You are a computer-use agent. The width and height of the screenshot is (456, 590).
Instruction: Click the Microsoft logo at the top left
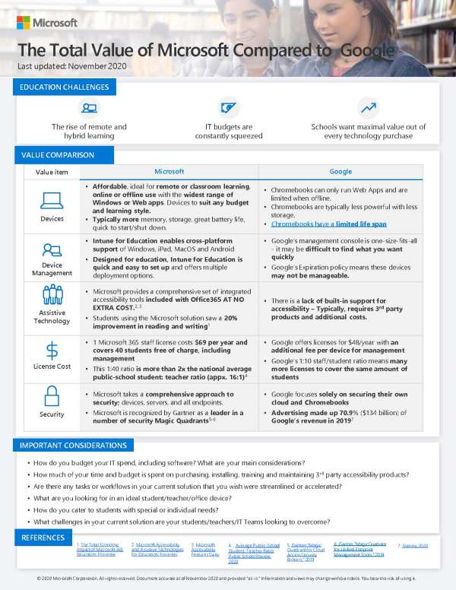(x=47, y=22)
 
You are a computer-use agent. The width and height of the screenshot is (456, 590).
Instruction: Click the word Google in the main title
(x=367, y=51)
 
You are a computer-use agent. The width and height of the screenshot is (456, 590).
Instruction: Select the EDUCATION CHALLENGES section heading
(x=64, y=87)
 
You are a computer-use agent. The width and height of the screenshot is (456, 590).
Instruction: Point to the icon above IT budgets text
(x=228, y=107)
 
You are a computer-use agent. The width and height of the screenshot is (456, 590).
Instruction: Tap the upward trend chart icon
(x=368, y=107)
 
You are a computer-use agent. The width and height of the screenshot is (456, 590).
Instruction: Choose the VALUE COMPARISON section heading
(x=57, y=155)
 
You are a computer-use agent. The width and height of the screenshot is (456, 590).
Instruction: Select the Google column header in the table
(x=340, y=172)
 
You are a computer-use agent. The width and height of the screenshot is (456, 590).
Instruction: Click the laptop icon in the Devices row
(x=52, y=201)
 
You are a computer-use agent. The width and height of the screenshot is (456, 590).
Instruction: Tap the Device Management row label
(x=52, y=269)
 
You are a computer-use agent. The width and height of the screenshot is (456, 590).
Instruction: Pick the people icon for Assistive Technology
(x=52, y=295)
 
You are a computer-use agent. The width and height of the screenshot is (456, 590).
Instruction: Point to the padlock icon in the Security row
(x=52, y=397)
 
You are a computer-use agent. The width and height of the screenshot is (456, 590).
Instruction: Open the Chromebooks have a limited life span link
(x=328, y=224)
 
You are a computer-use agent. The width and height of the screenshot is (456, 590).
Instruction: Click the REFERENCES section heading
(x=43, y=538)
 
